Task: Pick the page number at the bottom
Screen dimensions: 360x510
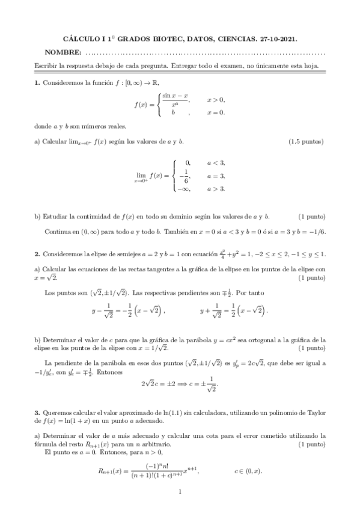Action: [180, 493]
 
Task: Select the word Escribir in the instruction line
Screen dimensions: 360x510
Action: [46, 65]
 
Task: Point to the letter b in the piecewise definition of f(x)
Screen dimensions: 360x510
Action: [173, 112]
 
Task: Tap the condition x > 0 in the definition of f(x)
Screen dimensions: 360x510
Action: [216, 100]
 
